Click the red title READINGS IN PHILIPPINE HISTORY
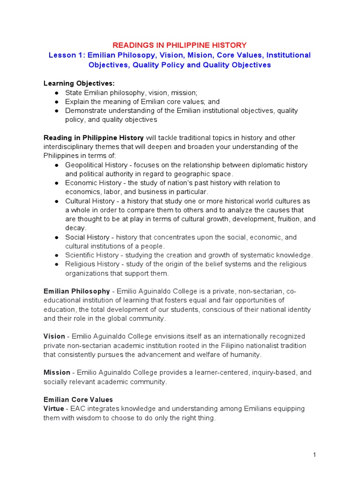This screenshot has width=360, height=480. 180,45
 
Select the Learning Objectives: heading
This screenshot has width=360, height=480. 79,83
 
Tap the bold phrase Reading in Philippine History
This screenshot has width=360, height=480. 94,138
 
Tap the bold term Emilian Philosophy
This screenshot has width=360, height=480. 77,292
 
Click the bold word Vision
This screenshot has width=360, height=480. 54,337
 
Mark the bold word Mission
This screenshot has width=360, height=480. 56,373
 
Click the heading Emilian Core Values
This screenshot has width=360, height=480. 78,400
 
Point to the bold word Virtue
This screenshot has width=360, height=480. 54,409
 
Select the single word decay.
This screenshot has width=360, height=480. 75,228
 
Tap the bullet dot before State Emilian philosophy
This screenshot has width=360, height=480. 56,93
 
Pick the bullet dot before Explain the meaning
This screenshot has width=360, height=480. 56,102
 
